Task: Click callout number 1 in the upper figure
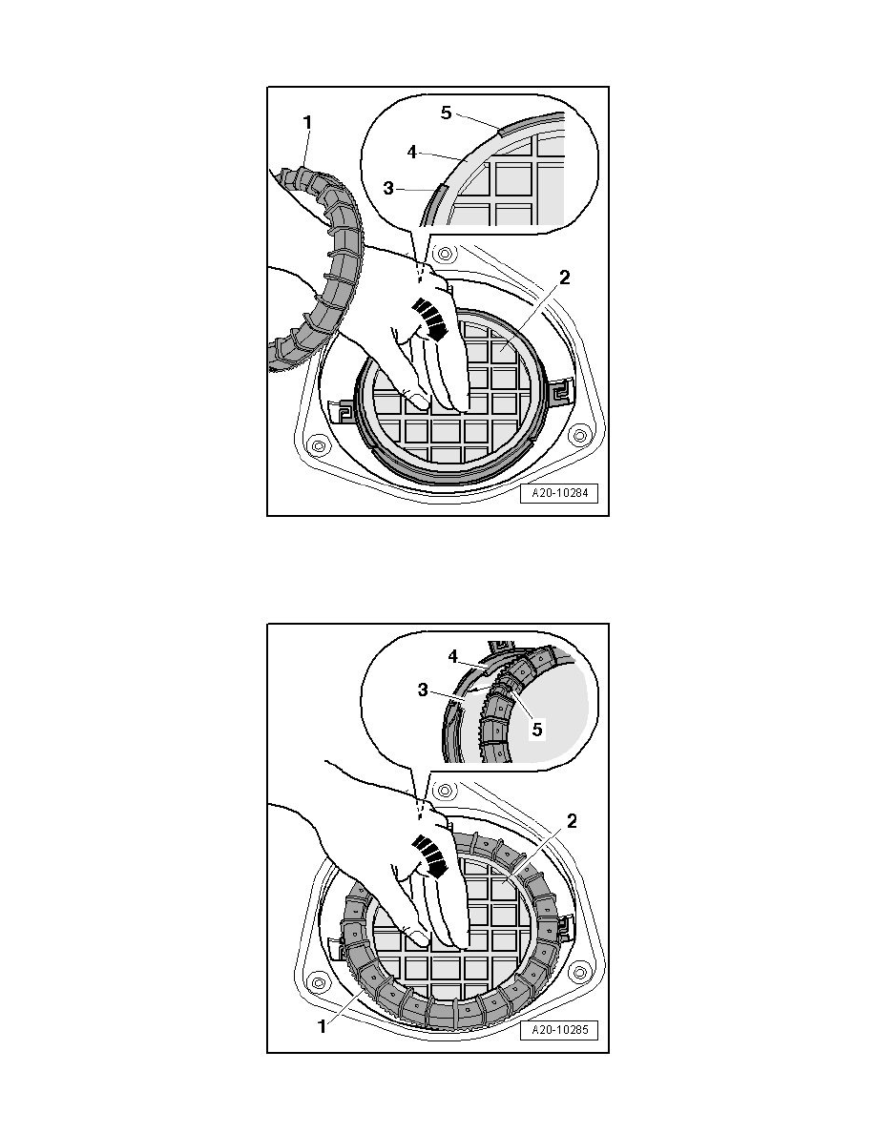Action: pyautogui.click(x=307, y=123)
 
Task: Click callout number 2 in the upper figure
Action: pyautogui.click(x=565, y=278)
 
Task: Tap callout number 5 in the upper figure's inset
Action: pyautogui.click(x=446, y=113)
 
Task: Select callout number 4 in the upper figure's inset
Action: pyautogui.click(x=411, y=153)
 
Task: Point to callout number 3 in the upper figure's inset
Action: pyautogui.click(x=388, y=189)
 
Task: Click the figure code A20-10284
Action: pyautogui.click(x=559, y=494)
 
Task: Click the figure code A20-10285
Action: pyautogui.click(x=559, y=1030)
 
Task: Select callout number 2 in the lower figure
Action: pyautogui.click(x=571, y=821)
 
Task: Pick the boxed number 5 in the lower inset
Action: pyautogui.click(x=536, y=730)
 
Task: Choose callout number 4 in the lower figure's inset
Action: pyautogui.click(x=453, y=656)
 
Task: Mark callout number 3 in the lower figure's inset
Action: pyautogui.click(x=424, y=690)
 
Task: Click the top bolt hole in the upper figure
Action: pyautogui.click(x=446, y=254)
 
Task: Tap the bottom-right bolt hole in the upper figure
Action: pyautogui.click(x=577, y=437)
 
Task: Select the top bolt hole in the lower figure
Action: pyautogui.click(x=446, y=791)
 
